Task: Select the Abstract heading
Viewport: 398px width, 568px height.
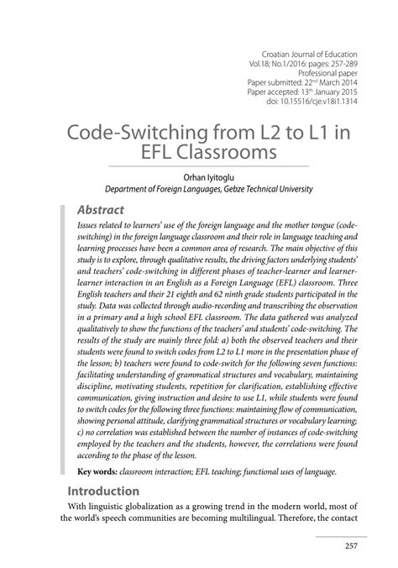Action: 101,209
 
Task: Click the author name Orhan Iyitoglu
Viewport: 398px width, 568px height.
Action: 198,177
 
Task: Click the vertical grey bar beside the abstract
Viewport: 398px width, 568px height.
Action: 61,336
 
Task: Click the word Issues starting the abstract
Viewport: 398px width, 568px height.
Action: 90,227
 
